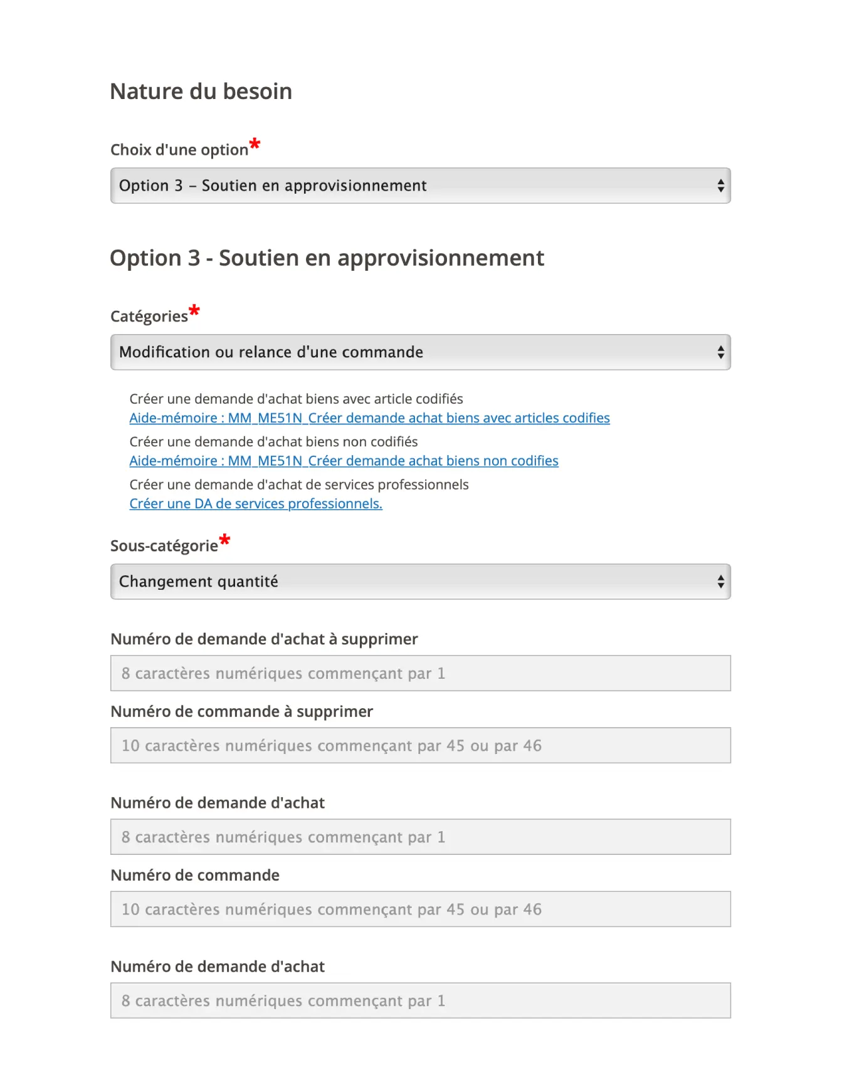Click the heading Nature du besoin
(x=201, y=92)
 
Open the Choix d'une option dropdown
(x=420, y=186)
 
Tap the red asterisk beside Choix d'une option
(x=255, y=144)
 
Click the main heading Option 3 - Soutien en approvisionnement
(x=327, y=258)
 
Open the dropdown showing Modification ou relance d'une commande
(x=420, y=352)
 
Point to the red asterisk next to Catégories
(x=194, y=310)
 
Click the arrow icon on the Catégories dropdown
(x=720, y=352)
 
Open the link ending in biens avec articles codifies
(x=369, y=418)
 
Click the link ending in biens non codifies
(x=344, y=461)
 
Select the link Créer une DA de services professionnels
(x=256, y=503)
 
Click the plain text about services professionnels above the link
(x=298, y=484)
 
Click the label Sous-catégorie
(x=164, y=546)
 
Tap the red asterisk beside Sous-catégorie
(x=224, y=540)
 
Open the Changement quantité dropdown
(x=420, y=582)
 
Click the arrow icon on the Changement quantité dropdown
(x=720, y=582)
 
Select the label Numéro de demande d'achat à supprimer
(x=264, y=639)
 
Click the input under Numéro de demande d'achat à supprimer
(x=420, y=673)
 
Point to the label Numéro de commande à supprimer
(x=241, y=711)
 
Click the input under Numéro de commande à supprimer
(x=420, y=745)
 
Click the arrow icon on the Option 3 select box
(x=720, y=186)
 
